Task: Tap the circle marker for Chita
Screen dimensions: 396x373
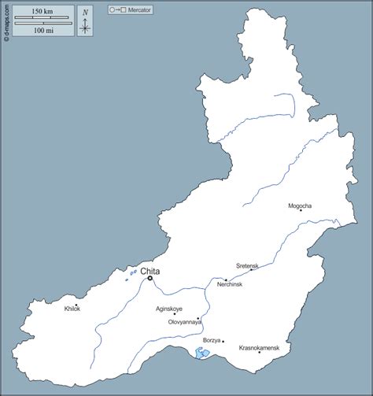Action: pos(150,278)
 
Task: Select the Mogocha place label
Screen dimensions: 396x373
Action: pos(300,206)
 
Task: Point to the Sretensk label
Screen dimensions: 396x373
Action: pos(247,266)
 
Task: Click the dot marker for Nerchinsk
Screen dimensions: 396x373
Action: pos(226,280)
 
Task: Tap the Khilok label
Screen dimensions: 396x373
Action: pos(72,309)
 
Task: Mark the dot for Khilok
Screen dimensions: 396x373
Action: pos(76,305)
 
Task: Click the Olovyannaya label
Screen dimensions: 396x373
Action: pos(185,322)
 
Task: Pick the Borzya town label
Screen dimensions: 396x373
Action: pos(211,340)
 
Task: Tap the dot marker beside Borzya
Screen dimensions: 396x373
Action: pos(223,341)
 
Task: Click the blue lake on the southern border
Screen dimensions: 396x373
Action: pos(203,354)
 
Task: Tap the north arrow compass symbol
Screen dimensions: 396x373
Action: pos(85,21)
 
